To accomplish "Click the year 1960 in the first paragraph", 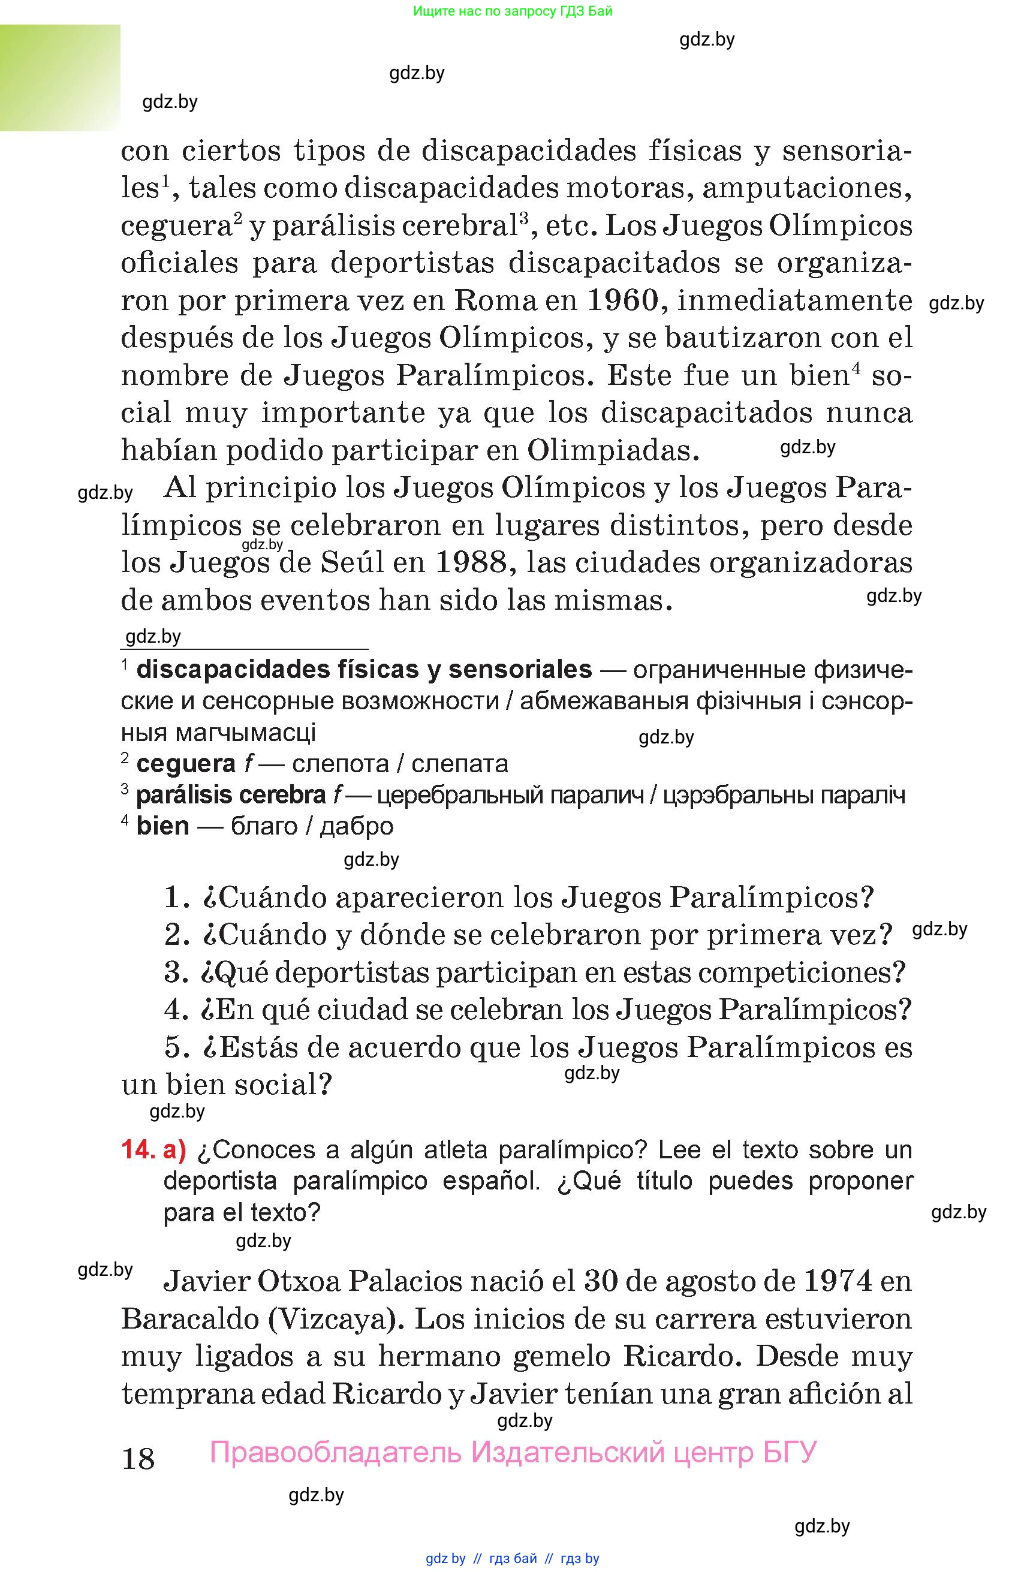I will point(623,301).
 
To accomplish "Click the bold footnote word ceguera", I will point(186,764).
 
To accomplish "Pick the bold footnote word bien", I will point(162,826).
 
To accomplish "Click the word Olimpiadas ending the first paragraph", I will point(613,450).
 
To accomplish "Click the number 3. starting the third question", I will point(176,972).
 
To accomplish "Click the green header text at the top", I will point(513,11).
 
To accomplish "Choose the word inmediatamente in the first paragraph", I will point(795,301).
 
